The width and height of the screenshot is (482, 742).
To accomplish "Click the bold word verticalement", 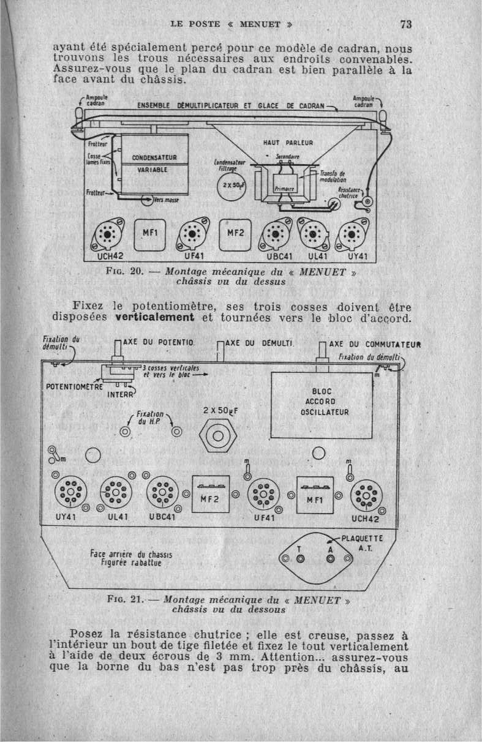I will pos(154,317).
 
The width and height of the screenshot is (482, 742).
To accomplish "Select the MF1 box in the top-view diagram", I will pos(149,234).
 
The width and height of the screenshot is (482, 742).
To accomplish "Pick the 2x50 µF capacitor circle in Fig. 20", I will pos(232,186).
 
